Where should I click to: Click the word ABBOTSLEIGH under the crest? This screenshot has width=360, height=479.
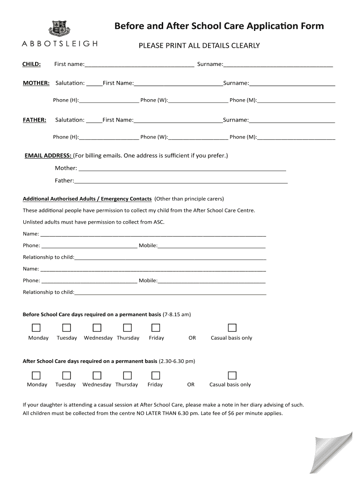pyautogui.click(x=60, y=44)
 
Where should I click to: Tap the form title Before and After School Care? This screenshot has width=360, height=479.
pyautogui.click(x=219, y=26)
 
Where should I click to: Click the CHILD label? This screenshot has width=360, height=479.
pyautogui.click(x=32, y=64)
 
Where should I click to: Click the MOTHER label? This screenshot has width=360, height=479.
pyautogui.click(x=36, y=83)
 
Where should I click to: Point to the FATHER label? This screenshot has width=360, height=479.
pyautogui.click(x=35, y=120)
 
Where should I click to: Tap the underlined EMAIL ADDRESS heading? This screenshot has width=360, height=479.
pyautogui.click(x=48, y=155)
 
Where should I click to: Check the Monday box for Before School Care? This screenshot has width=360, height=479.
pyautogui.click(x=36, y=327)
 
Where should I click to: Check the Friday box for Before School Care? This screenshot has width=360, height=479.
pyautogui.click(x=156, y=327)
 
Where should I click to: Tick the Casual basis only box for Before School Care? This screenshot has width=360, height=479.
pyautogui.click(x=232, y=327)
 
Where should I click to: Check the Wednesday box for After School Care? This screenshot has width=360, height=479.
pyautogui.click(x=97, y=375)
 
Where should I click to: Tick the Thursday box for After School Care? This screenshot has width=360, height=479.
pyautogui.click(x=127, y=375)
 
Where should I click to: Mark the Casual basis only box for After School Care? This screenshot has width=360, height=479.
pyautogui.click(x=232, y=375)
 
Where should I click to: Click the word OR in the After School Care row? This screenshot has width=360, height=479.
pyautogui.click(x=191, y=385)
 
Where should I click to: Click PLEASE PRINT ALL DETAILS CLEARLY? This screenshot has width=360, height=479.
pyautogui.click(x=199, y=46)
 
